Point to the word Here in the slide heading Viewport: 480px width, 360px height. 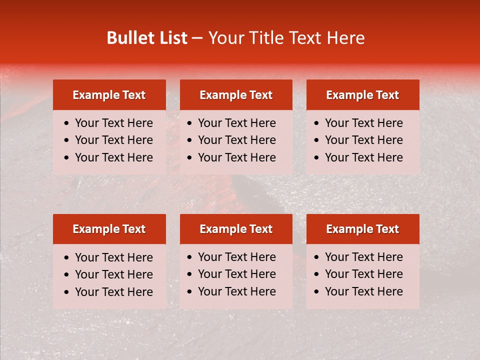tap(345, 38)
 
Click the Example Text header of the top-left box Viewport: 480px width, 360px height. tap(109, 95)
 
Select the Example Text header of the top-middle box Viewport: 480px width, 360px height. tap(236, 95)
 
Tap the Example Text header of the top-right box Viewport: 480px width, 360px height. tap(362, 95)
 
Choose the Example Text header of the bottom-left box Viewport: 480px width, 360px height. tap(109, 229)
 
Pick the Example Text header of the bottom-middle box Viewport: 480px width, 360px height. tap(236, 229)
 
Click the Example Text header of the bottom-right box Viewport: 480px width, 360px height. tap(362, 229)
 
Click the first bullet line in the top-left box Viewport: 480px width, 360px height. tap(113, 123)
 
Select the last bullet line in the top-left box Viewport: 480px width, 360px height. tap(113, 157)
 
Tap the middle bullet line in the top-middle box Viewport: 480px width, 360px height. tap(236, 140)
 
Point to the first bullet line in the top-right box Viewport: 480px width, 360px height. tap(363, 123)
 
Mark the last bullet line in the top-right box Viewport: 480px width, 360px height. tap(363, 157)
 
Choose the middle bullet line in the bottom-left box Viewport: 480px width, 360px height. tap(113, 274)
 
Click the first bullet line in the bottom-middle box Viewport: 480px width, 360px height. tap(236, 257)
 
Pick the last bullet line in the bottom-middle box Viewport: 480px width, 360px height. tap(236, 291)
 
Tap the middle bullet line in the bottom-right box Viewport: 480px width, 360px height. tap(363, 274)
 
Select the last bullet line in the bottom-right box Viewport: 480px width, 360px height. tap(363, 291)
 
